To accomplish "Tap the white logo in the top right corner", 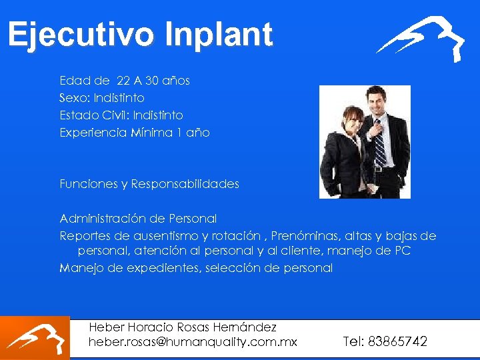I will (x=421, y=38).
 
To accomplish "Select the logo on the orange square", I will (x=35, y=338).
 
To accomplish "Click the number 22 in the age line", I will (x=123, y=81).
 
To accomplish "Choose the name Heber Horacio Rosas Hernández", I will (x=183, y=327).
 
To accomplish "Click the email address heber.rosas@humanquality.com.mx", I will (x=193, y=342).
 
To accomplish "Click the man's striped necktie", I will (x=379, y=143).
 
